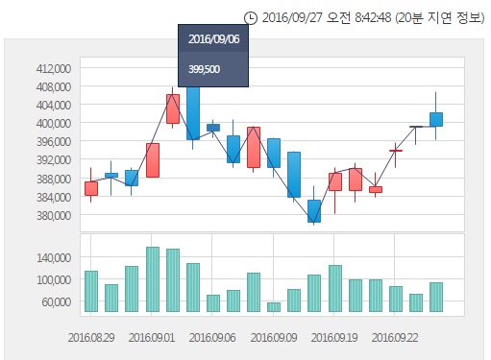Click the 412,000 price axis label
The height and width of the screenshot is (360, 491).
pos(55,68)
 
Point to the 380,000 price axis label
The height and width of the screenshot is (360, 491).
pos(55,215)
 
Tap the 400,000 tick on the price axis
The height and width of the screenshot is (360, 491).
pos(55,123)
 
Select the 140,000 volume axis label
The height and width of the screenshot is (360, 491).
pos(55,257)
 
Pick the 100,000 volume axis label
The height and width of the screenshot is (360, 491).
pos(55,279)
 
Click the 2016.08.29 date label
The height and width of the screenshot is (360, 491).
pos(91,337)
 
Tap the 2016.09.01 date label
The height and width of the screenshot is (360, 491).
pos(153,337)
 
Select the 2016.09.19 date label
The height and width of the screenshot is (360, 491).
pos(333,337)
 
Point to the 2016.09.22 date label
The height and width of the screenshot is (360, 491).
pos(394,337)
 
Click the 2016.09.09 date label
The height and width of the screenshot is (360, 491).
pos(274,337)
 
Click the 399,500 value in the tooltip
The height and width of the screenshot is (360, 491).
pos(205,68)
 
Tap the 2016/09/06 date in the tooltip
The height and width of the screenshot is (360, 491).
pos(212,39)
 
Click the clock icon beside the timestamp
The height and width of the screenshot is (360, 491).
pos(251,17)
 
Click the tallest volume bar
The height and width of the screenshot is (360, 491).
pos(153,279)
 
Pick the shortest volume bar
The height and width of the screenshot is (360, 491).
pos(274,307)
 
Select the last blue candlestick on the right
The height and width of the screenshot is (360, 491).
pos(436,119)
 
